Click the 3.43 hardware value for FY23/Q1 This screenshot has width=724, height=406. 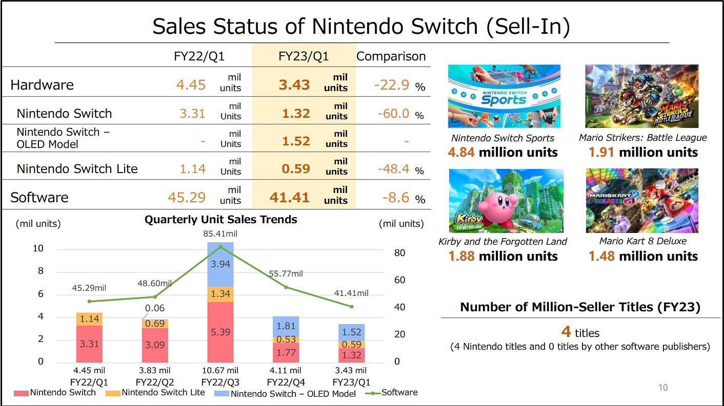[x=294, y=85]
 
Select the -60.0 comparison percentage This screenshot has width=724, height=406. [x=393, y=113]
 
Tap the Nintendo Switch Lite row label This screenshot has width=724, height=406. [x=77, y=168]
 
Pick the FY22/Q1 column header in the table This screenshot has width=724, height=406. [x=199, y=56]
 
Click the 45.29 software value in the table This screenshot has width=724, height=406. [x=187, y=197]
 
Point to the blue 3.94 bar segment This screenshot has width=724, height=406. [x=220, y=264]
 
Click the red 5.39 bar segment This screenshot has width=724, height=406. [x=220, y=332]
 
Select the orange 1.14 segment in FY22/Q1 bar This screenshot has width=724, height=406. [x=89, y=319]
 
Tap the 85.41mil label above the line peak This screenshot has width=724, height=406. [x=220, y=234]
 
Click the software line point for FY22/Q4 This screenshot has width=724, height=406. [x=286, y=287]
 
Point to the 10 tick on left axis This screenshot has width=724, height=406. [x=38, y=249]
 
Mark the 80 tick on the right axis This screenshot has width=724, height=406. [x=400, y=253]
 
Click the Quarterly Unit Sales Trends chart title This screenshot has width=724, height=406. [x=220, y=220]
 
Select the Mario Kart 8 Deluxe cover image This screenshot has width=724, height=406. [x=642, y=201]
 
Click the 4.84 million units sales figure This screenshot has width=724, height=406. [x=502, y=153]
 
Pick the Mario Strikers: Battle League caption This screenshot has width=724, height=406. [x=642, y=138]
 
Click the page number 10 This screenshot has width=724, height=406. [x=663, y=388]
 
